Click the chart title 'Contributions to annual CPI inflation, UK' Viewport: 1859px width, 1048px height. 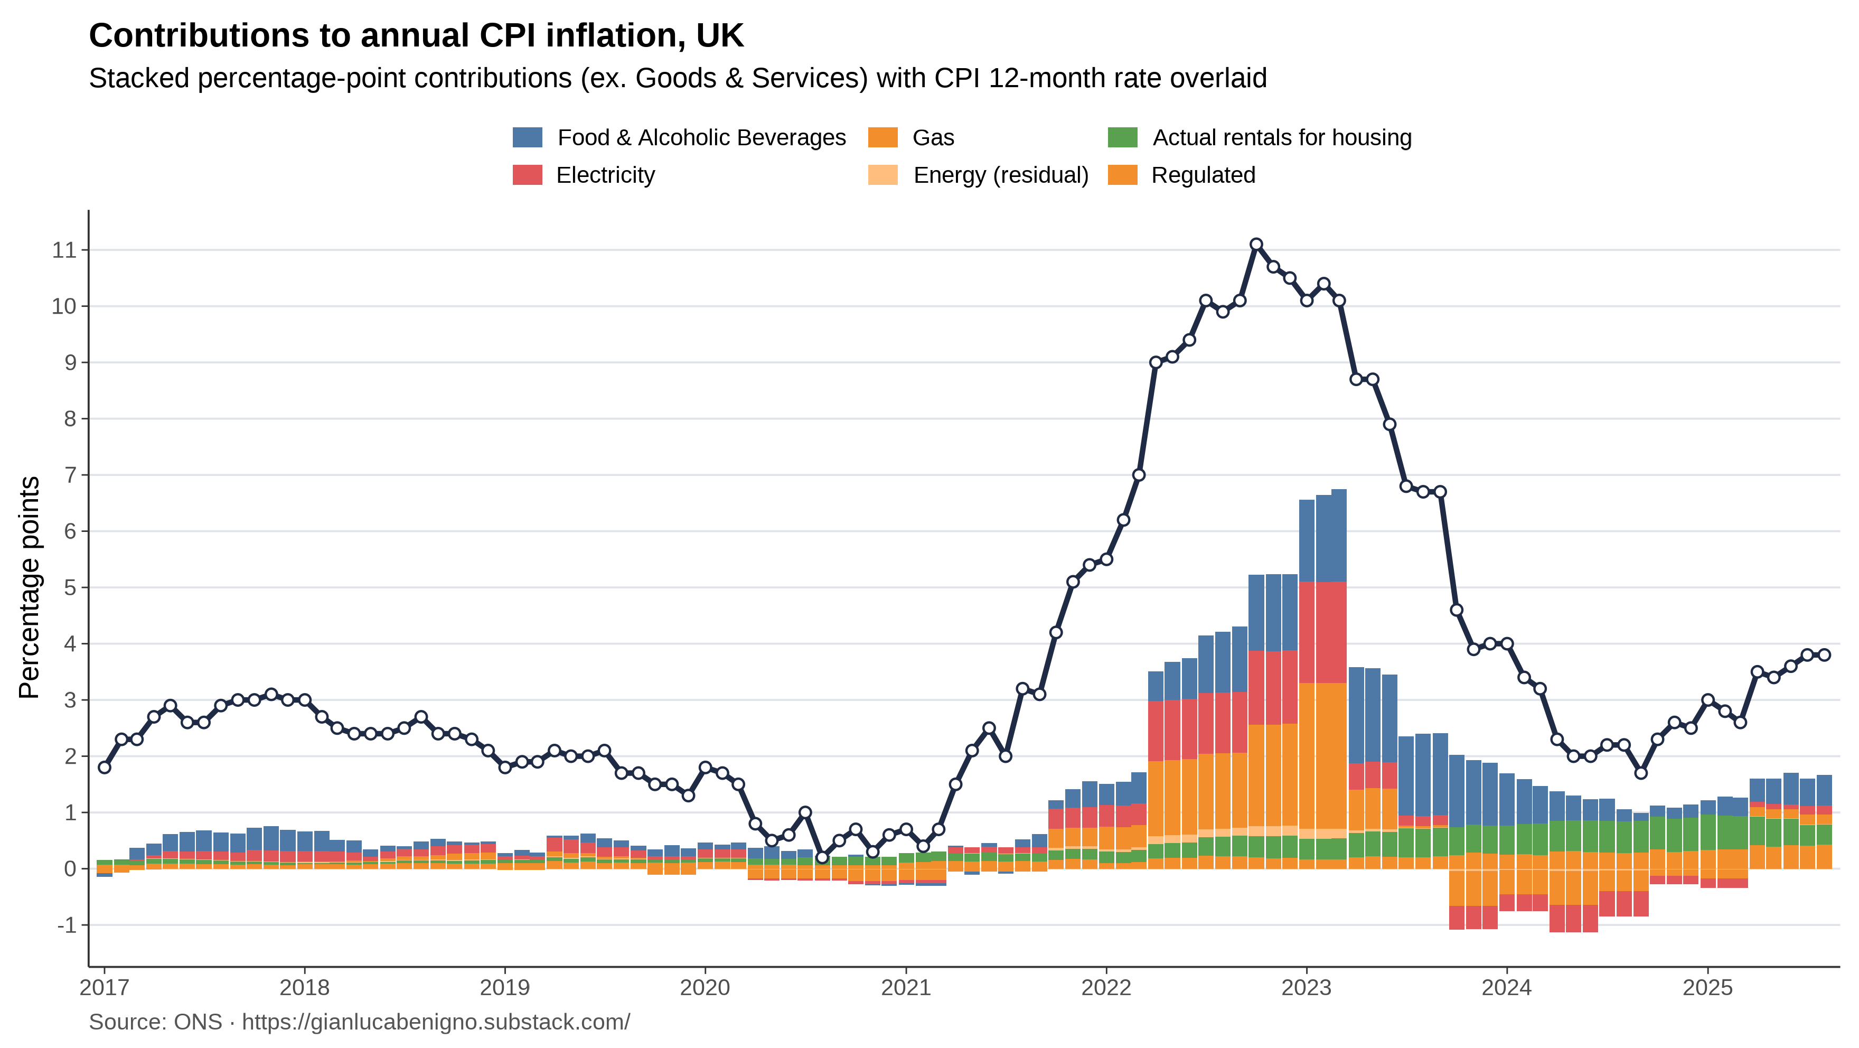(x=416, y=36)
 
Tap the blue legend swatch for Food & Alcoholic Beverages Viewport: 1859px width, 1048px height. (x=527, y=137)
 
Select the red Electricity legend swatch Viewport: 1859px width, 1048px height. (x=527, y=175)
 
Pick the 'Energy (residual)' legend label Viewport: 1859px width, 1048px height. (x=1000, y=175)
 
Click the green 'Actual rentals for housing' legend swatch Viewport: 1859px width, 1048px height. (x=1122, y=137)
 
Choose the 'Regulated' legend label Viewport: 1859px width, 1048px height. (x=1203, y=175)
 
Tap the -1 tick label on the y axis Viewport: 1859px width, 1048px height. (x=67, y=924)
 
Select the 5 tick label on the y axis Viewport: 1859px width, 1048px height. (x=70, y=587)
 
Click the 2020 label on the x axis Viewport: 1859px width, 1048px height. (x=705, y=987)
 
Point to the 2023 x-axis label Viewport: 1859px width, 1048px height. (x=1306, y=987)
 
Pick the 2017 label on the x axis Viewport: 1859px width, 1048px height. (x=104, y=987)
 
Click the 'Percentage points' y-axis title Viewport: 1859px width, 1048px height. (x=29, y=587)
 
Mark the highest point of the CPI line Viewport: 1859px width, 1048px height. (x=1256, y=245)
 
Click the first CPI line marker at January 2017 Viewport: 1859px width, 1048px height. (x=105, y=767)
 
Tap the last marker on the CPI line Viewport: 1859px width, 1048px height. (x=1824, y=654)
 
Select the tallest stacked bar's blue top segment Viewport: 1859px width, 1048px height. (x=1339, y=535)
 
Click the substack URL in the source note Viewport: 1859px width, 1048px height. (x=436, y=1022)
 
